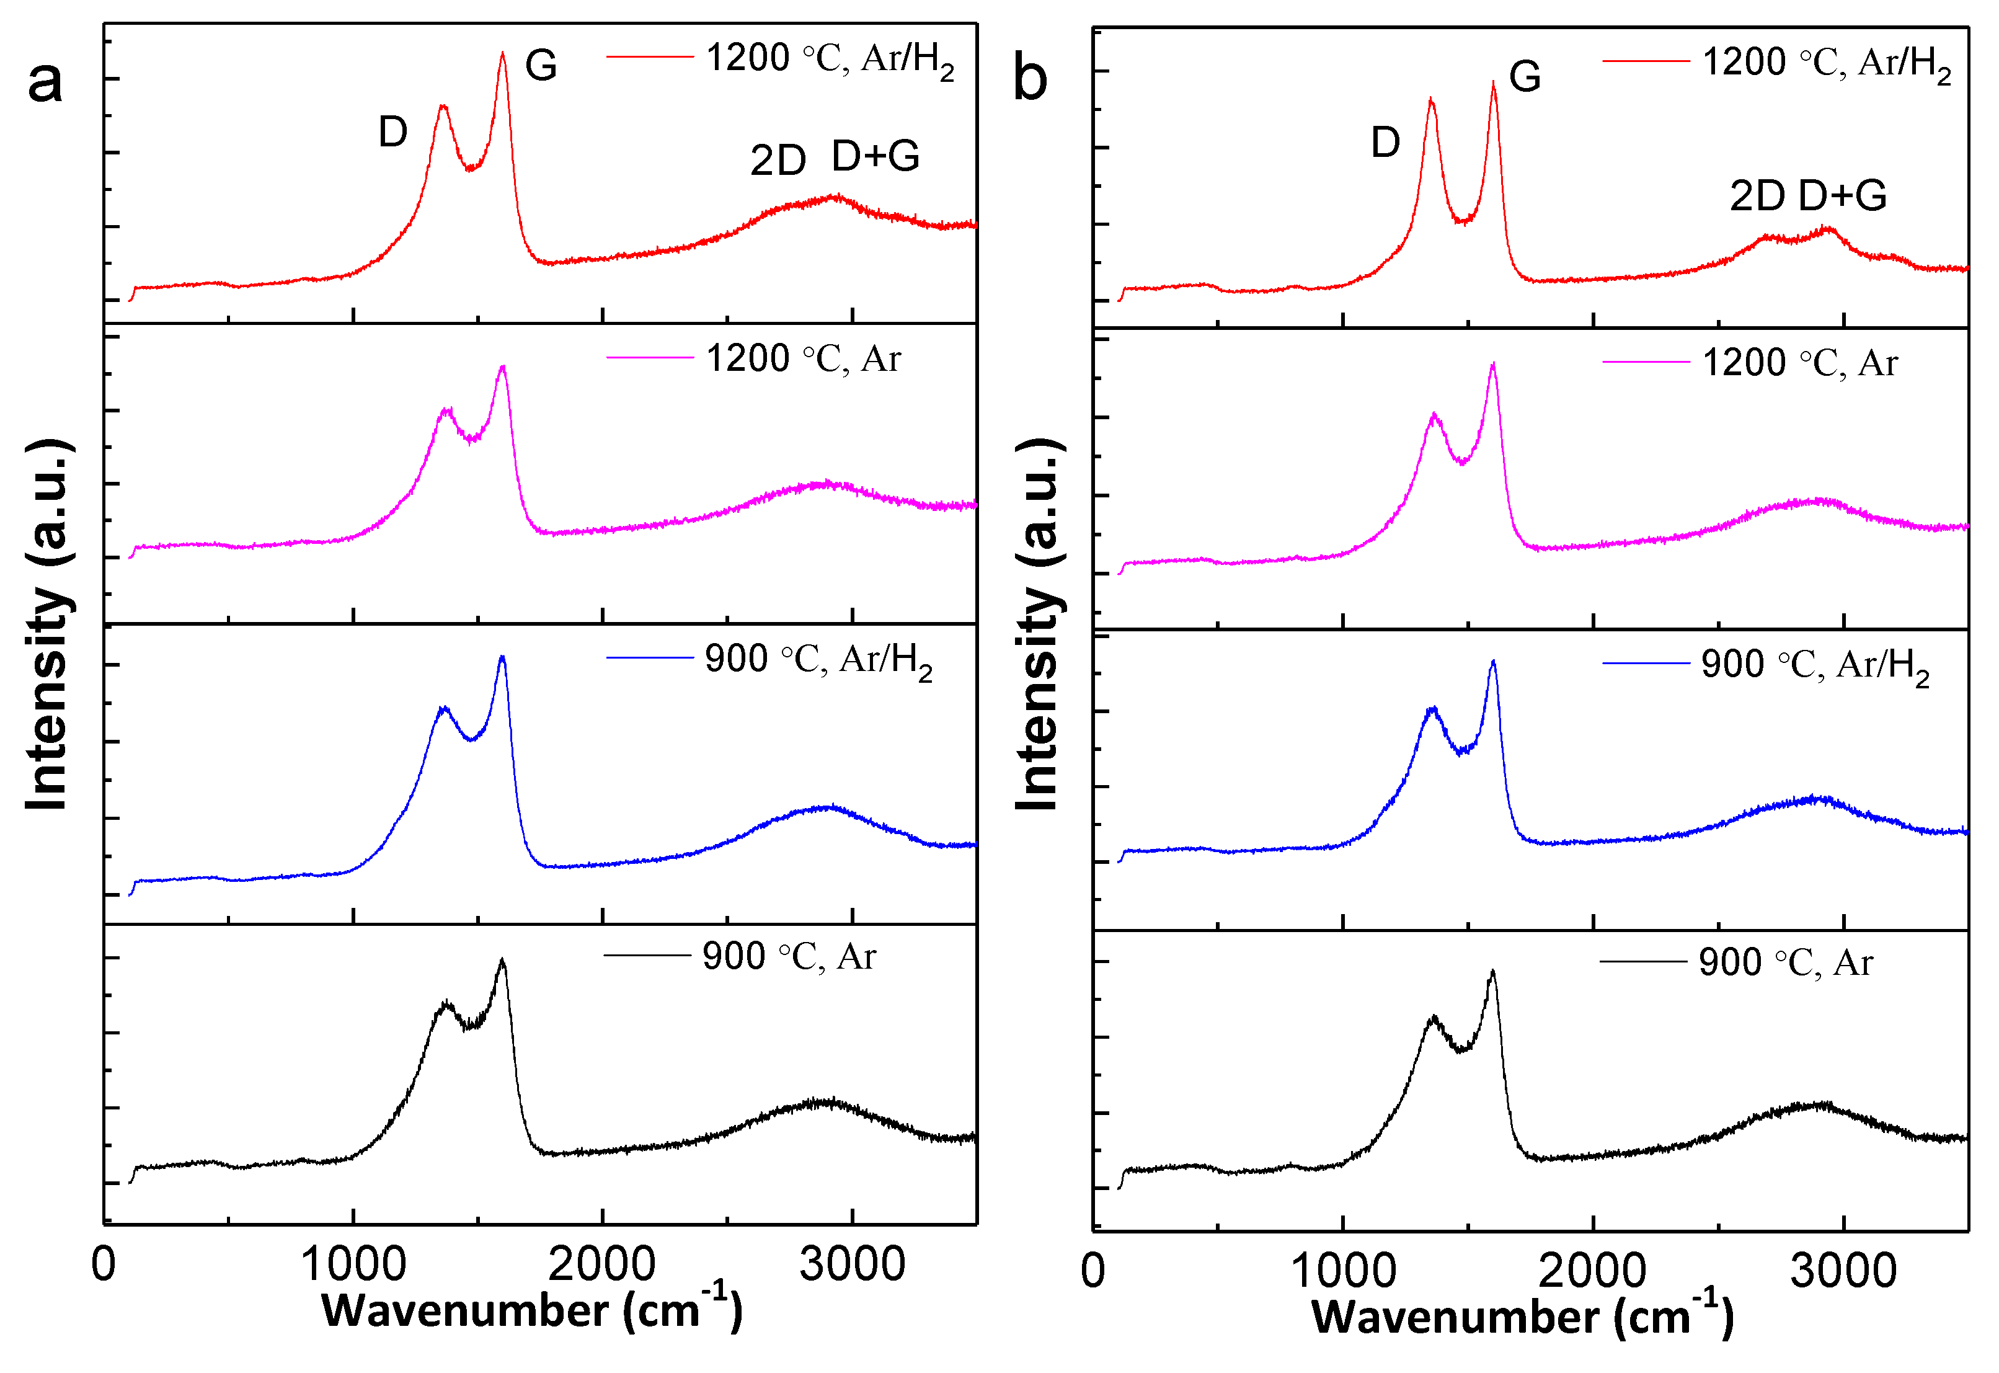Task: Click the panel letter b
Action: (x=1030, y=79)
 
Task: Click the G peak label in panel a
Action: (x=541, y=65)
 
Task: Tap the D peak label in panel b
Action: (x=1385, y=142)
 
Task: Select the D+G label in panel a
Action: (x=875, y=156)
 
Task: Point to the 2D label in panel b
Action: (x=1757, y=196)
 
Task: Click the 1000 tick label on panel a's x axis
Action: (x=353, y=1264)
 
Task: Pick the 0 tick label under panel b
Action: (x=1093, y=1271)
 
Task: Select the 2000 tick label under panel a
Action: (x=601, y=1264)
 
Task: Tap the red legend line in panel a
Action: (x=649, y=57)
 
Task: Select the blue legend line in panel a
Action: (x=649, y=658)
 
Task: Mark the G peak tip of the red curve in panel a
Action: (x=502, y=53)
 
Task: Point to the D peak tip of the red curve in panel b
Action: (x=1430, y=99)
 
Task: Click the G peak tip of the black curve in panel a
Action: (x=502, y=960)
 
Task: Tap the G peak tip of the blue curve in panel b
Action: (x=1493, y=662)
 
